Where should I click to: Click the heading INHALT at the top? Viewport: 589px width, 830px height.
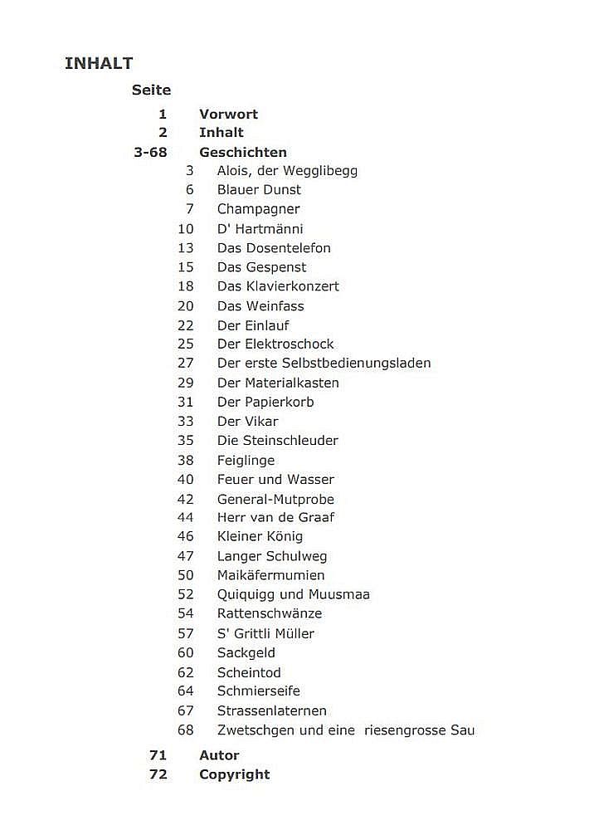point(99,64)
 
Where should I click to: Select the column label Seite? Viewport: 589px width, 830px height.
point(151,90)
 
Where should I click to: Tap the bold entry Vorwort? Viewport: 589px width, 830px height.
point(228,115)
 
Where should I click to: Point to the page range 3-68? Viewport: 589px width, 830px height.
point(150,153)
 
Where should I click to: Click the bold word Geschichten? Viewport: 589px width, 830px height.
point(243,153)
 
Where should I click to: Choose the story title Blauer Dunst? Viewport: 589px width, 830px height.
point(259,190)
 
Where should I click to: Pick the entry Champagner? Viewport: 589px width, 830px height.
point(258,209)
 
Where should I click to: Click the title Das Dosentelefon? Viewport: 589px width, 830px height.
point(274,248)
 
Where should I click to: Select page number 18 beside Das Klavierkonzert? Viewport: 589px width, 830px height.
point(185,286)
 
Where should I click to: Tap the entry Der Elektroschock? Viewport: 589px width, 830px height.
point(275,344)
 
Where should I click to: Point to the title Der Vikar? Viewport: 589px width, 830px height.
point(247,422)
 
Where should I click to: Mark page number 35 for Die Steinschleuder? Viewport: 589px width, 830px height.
point(185,441)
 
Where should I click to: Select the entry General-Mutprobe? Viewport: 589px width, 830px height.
point(275,500)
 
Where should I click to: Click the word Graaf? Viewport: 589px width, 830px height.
point(315,518)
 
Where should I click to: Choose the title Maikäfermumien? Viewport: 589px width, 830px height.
point(270,575)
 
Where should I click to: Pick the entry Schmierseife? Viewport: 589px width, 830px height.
point(258,691)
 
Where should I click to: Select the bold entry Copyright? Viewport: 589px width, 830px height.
point(234,775)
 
